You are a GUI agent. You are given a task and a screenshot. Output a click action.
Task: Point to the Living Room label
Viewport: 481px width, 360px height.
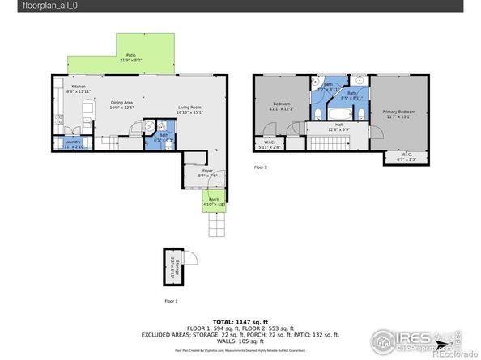(x=189, y=109)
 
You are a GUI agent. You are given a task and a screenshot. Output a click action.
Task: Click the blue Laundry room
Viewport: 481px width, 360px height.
(x=72, y=143)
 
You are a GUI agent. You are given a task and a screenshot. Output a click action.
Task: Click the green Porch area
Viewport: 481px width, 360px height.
(x=215, y=201)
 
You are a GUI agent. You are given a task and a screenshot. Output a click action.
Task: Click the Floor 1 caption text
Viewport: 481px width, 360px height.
(x=170, y=300)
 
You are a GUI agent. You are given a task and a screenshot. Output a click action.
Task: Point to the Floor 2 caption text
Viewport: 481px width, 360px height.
(x=260, y=167)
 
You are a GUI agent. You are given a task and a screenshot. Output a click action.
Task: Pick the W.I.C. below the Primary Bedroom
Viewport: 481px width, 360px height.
(x=396, y=157)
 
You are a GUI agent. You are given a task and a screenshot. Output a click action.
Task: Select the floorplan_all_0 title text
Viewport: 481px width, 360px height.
(x=30, y=6)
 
